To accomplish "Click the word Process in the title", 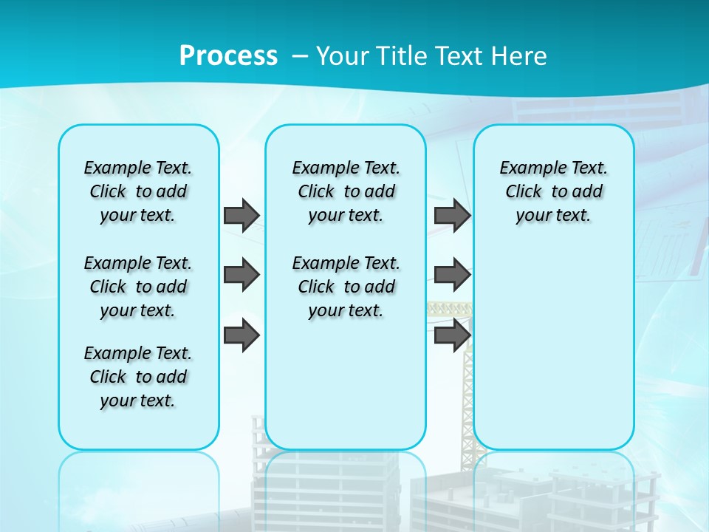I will [228, 56].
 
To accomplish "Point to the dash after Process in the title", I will [300, 57].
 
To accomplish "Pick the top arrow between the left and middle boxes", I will [242, 215].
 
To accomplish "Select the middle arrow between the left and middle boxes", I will [242, 275].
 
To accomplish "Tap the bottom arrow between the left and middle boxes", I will [242, 335].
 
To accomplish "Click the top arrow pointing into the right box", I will [452, 215].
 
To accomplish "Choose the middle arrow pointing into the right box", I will [452, 275].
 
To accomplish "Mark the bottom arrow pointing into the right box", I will [452, 335].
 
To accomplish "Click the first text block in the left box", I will [138, 191].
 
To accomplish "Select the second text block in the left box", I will [138, 287].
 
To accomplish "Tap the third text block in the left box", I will [138, 377].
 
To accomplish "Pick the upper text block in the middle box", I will [346, 191].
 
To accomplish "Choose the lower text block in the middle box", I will [346, 287].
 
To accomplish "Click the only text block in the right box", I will [553, 191].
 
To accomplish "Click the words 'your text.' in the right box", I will [553, 215].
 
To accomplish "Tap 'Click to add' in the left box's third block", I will [138, 377].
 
